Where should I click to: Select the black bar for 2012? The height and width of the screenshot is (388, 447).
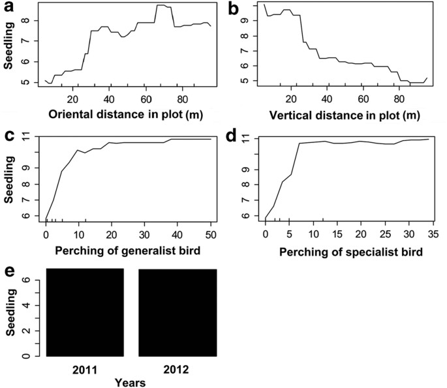(x=177, y=312)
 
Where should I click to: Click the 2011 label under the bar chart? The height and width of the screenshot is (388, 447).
(x=86, y=370)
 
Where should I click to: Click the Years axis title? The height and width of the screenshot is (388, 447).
(x=131, y=382)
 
